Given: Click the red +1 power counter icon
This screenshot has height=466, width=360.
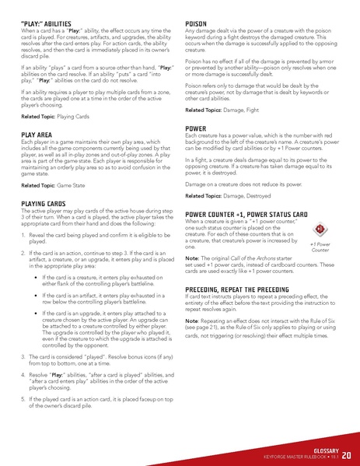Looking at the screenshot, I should click(320, 208).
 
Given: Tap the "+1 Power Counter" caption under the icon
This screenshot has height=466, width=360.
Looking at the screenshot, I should click(320, 226).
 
